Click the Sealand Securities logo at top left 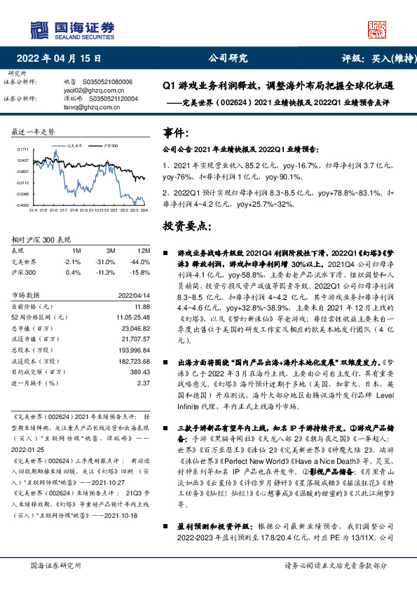click(x=71, y=29)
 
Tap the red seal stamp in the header click(x=377, y=29)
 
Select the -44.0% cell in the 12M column click(x=141, y=261)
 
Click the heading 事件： click(x=176, y=132)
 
